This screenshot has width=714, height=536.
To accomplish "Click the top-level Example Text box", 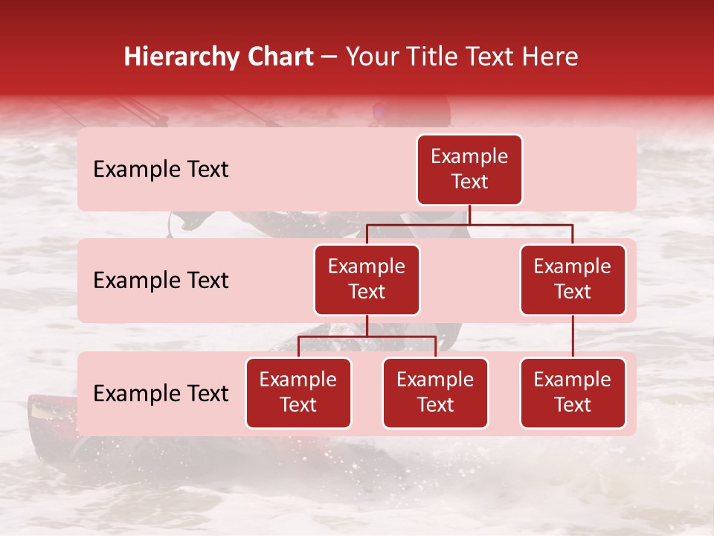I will pyautogui.click(x=469, y=170).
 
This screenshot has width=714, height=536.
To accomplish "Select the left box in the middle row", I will pyautogui.click(x=367, y=280).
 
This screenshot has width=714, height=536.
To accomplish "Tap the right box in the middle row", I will pyautogui.click(x=573, y=280).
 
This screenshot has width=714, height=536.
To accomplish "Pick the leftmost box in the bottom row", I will pyautogui.click(x=298, y=393).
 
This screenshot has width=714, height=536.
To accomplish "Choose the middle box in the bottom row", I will pyautogui.click(x=435, y=393).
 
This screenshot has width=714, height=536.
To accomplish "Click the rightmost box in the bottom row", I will pyautogui.click(x=573, y=393).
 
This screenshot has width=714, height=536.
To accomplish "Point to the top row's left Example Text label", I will pyautogui.click(x=161, y=170).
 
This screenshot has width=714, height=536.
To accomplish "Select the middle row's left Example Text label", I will pyautogui.click(x=161, y=281).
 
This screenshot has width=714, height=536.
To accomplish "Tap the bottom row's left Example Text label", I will pyautogui.click(x=161, y=394).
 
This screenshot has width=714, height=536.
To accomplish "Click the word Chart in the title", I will pyautogui.click(x=277, y=57).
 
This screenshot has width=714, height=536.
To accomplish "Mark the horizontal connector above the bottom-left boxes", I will pyautogui.click(x=367, y=336).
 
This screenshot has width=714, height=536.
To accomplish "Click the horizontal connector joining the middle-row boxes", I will pyautogui.click(x=469, y=224).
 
